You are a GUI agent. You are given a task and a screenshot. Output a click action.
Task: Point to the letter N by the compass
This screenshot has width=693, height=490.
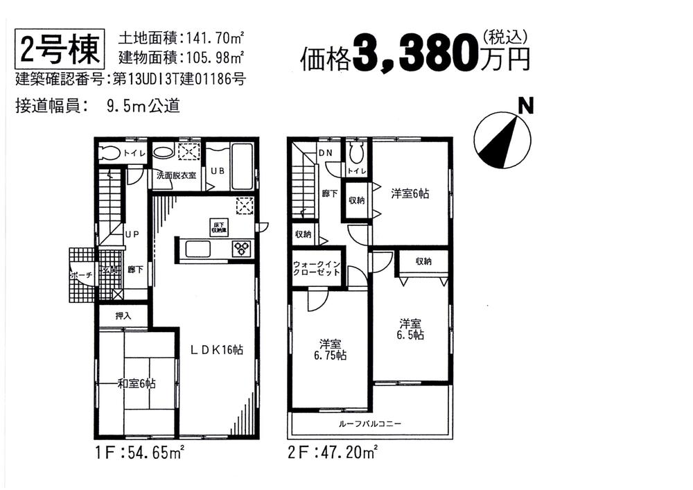pyautogui.click(x=526, y=106)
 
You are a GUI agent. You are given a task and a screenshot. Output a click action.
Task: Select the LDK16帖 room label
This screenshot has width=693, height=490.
pyautogui.click(x=216, y=350)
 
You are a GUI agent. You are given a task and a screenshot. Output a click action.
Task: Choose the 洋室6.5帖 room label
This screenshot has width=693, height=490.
pyautogui.click(x=411, y=329)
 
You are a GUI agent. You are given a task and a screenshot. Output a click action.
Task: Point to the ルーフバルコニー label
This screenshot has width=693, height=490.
pyautogui.click(x=370, y=423)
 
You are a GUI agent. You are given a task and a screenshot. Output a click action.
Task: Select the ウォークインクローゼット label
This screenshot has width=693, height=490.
pyautogui.click(x=317, y=268)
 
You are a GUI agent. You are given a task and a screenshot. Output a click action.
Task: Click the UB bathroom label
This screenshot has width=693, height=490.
pyautogui.click(x=217, y=170)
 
